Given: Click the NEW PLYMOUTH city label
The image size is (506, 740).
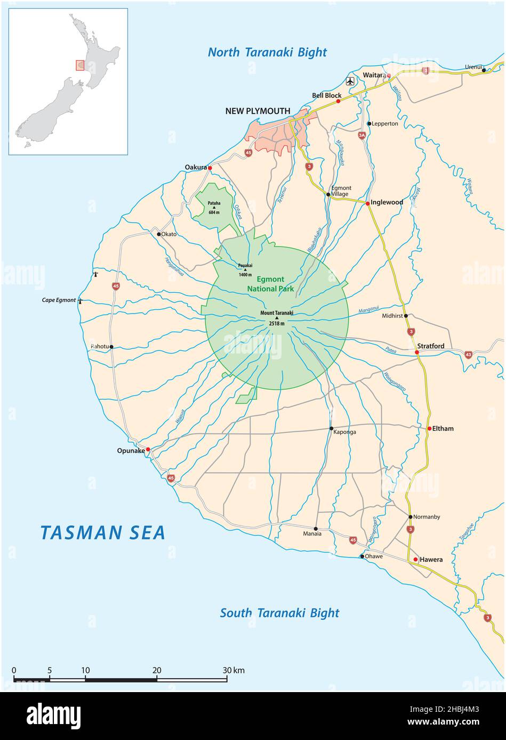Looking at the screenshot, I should pos(258,111).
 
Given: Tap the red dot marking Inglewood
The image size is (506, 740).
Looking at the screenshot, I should pos(367,203).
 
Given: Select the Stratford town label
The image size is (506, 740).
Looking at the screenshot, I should pos(430,346).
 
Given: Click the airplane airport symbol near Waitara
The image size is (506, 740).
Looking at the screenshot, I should pos(350,81).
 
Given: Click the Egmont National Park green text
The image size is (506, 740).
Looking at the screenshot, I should pos(270,284).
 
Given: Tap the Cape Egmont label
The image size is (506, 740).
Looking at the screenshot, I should pos(59,300).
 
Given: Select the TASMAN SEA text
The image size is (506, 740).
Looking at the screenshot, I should pos(103,532).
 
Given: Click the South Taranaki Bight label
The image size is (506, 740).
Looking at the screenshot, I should pos(279,613).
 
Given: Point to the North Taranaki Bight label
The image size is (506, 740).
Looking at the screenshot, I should pos(267,52).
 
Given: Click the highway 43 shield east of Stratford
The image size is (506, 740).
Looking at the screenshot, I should pos(468,354).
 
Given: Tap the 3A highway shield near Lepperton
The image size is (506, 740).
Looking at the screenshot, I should pos(362,136).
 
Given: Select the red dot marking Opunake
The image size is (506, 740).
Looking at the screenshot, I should pos(148,449).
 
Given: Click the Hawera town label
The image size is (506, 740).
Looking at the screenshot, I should pos(431,560).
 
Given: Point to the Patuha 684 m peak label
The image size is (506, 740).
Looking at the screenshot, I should pos(214,205).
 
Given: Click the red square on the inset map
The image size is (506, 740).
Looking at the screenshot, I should pos(80,65).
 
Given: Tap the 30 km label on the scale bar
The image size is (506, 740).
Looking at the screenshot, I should pos(234,670).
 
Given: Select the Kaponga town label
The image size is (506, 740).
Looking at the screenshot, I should pos(344,432).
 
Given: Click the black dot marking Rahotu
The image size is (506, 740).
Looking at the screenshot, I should pos(111,347).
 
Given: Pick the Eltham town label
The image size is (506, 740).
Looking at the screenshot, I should pos(443,428).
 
